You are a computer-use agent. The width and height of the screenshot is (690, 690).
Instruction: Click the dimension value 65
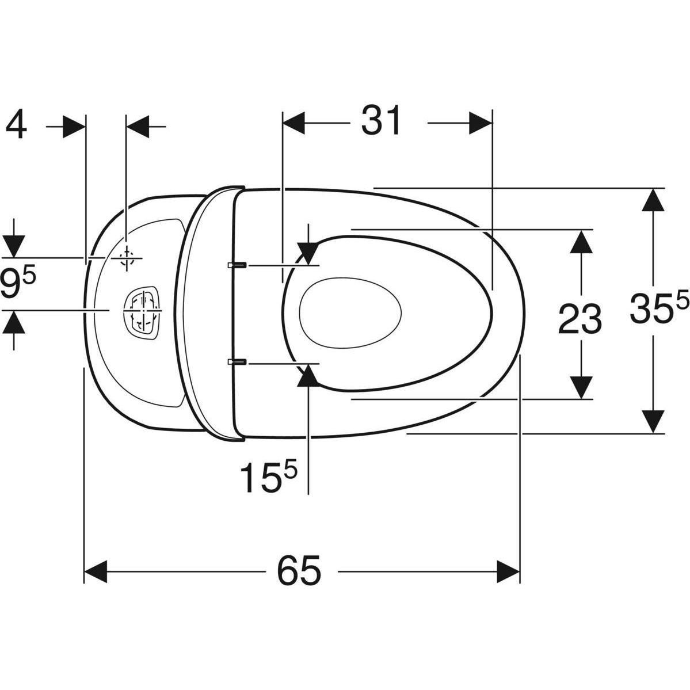coord(299,570)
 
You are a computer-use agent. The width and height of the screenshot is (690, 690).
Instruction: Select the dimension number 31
coord(381,121)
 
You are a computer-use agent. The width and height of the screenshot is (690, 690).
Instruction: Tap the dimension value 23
coord(580,319)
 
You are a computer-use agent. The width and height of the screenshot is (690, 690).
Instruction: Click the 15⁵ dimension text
coord(268,476)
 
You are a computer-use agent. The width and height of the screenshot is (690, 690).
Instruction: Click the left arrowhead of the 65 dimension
coord(96,571)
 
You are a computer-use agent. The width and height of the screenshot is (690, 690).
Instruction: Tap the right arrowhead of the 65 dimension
coord(508,571)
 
